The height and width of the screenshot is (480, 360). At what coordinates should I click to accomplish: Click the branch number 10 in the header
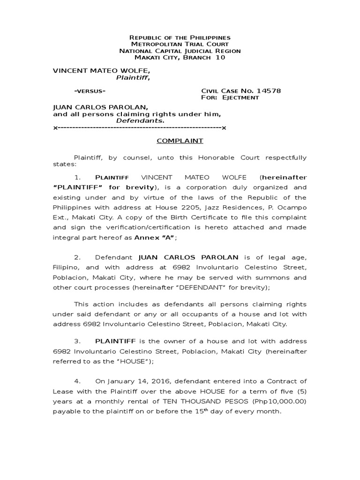tap(220, 58)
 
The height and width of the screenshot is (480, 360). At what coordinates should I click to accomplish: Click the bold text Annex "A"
tap(155, 238)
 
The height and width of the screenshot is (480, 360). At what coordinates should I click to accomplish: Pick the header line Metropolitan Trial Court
tap(180, 44)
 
